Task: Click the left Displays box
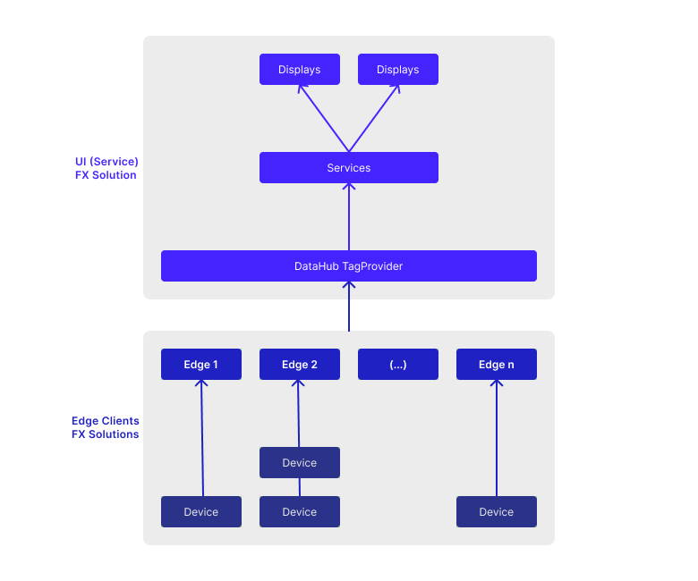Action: [300, 70]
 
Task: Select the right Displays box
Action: [398, 70]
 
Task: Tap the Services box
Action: [349, 167]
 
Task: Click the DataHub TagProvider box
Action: [349, 265]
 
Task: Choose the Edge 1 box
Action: [201, 364]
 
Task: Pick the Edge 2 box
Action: [300, 364]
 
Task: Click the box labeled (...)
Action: [398, 364]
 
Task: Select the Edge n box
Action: [497, 364]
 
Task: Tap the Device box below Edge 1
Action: [201, 511]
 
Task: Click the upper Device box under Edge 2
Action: [300, 462]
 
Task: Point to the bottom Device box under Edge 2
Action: [300, 511]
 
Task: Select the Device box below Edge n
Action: [497, 511]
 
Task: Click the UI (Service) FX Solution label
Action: [106, 168]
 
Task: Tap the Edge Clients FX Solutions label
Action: [106, 427]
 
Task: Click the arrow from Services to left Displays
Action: [324, 118]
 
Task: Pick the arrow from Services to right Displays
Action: [374, 118]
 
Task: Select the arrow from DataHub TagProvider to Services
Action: [349, 217]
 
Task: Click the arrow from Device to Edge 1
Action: [202, 438]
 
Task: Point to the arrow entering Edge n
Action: [497, 438]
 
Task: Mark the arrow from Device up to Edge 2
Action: [299, 414]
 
